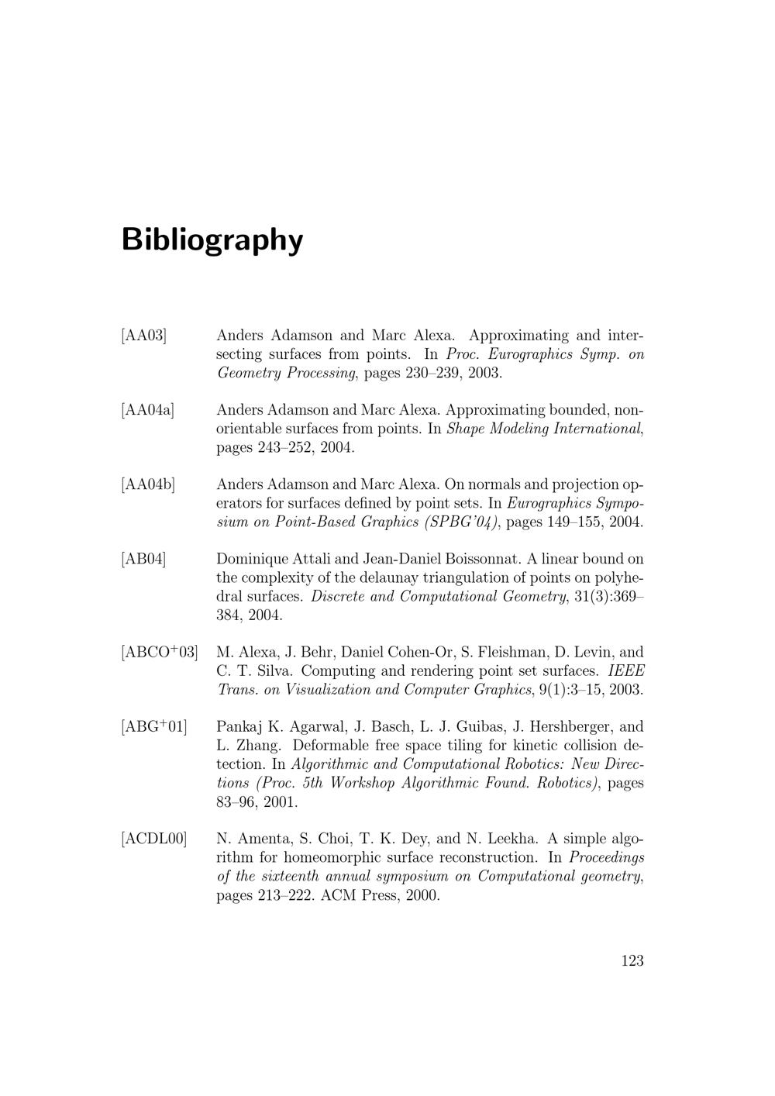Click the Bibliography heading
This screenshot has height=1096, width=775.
tap(212, 240)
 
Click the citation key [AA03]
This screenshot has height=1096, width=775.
tap(144, 336)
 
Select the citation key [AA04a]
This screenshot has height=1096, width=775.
tap(148, 410)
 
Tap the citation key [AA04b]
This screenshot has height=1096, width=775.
tap(148, 485)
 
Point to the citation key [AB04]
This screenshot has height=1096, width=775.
tap(144, 560)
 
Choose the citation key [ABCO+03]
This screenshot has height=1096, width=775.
tap(160, 653)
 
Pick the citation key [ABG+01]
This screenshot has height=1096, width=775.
tap(154, 727)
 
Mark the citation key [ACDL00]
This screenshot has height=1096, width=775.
tap(154, 839)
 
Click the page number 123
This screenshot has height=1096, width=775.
tap(632, 961)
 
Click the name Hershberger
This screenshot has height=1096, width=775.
tap(564, 727)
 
